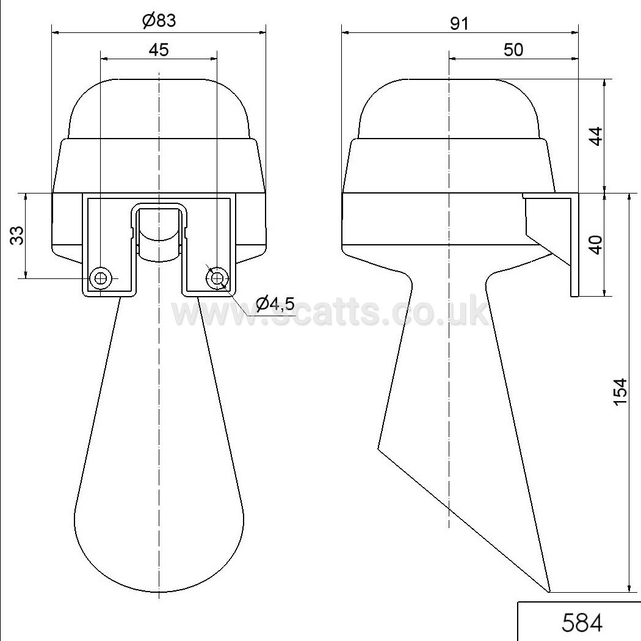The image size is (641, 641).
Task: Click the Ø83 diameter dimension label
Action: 159,20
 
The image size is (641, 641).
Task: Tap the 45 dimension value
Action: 159,50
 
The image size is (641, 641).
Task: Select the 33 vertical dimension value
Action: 17,236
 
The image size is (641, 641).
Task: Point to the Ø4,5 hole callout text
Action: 275,303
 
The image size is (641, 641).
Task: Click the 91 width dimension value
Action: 459,24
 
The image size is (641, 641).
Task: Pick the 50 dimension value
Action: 513,50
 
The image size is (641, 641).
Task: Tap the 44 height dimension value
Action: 596,136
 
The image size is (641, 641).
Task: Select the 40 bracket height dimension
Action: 596,245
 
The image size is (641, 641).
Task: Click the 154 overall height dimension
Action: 620,392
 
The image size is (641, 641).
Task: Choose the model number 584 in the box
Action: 582,623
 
